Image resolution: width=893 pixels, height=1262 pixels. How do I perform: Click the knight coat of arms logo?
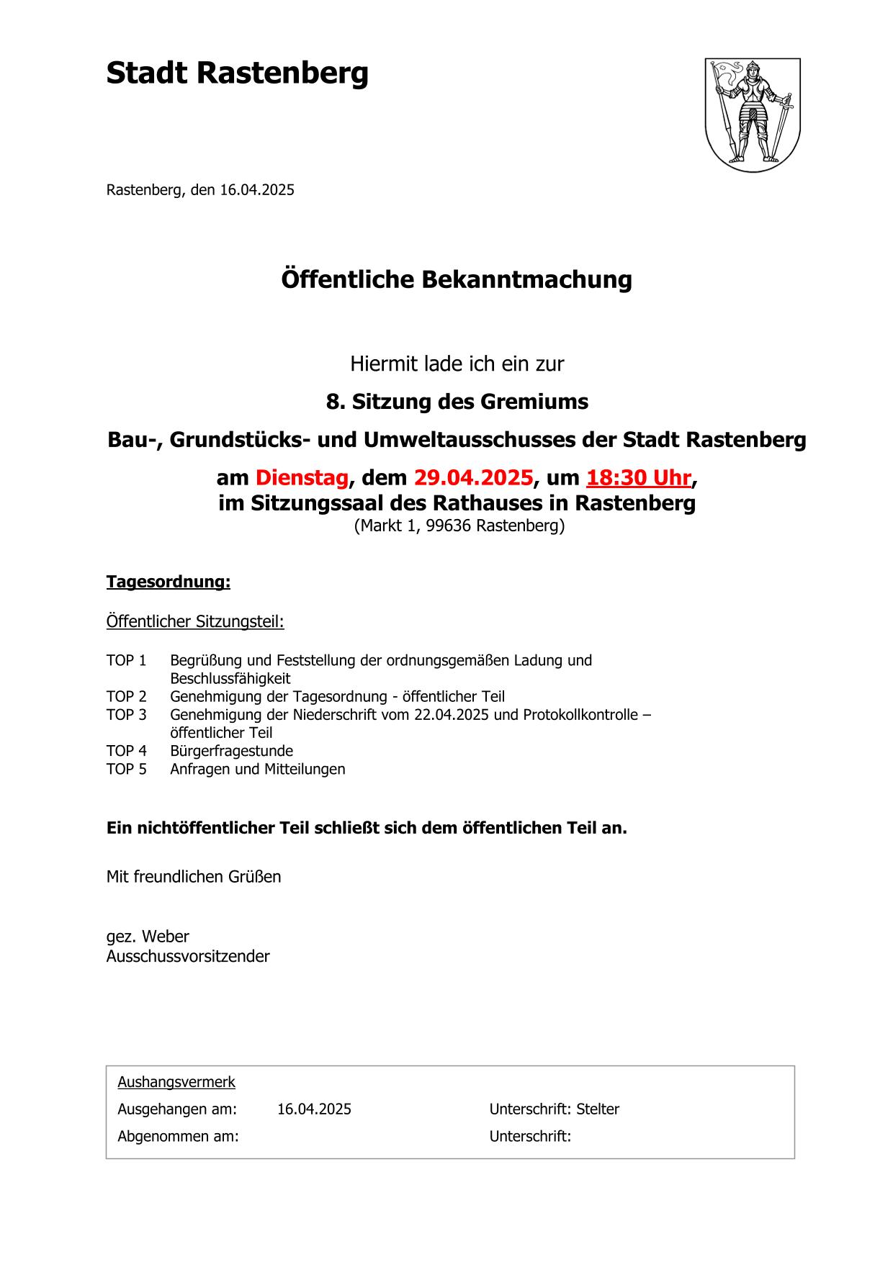tap(752, 114)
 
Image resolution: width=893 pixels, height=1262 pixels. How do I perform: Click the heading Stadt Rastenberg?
tap(237, 73)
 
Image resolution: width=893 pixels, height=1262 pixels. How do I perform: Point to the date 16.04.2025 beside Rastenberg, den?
tap(257, 190)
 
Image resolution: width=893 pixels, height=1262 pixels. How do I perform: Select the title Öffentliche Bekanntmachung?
tap(456, 279)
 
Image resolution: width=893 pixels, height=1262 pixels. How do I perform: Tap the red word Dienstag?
tap(302, 477)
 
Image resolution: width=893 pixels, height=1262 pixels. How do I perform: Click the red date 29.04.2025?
tap(473, 477)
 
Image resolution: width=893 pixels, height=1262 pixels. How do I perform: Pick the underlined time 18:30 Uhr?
tap(639, 477)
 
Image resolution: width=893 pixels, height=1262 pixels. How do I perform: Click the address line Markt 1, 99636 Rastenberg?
tap(459, 526)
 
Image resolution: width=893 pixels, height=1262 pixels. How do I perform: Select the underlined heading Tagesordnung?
tap(169, 582)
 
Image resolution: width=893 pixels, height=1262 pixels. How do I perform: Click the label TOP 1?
tap(127, 660)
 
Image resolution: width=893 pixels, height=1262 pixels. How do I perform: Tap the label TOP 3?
tap(127, 715)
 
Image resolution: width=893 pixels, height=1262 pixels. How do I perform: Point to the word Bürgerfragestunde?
tap(231, 751)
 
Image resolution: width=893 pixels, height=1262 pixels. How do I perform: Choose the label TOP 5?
tap(127, 769)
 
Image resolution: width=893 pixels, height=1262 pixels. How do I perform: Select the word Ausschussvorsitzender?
tap(188, 956)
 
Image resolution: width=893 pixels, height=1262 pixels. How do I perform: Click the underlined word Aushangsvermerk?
tap(176, 1082)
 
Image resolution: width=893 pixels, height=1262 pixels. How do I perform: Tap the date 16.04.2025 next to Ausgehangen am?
tap(314, 1109)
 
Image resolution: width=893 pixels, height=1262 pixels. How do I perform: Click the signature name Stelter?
tap(598, 1109)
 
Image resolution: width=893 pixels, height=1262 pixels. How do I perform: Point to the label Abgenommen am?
tap(178, 1137)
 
